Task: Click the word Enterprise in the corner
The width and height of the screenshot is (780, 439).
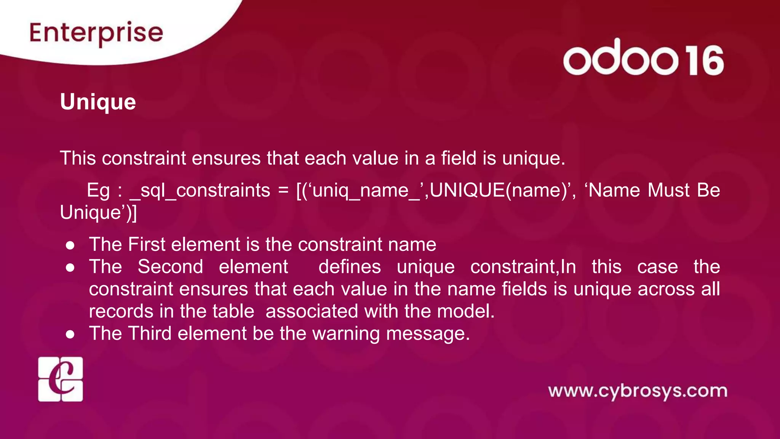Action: (x=96, y=33)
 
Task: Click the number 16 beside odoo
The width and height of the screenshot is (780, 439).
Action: (x=705, y=61)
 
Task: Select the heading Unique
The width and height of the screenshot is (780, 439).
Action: (x=98, y=102)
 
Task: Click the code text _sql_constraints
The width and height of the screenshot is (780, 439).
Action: (x=200, y=191)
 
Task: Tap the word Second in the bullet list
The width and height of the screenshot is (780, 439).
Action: (x=170, y=267)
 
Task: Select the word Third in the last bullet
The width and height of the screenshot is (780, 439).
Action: (x=150, y=333)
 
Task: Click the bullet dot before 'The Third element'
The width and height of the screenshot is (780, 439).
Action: (x=70, y=334)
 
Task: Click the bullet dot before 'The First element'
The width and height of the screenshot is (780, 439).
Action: (x=70, y=245)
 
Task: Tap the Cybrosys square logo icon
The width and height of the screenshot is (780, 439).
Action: (x=61, y=379)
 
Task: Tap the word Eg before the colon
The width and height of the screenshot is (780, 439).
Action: (x=98, y=191)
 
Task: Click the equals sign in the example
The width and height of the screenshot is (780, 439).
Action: (x=283, y=191)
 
